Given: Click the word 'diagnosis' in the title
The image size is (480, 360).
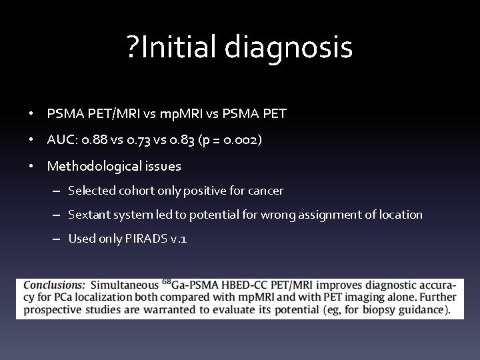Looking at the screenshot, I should tap(289, 48).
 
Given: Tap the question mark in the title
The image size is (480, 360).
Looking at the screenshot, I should tap(133, 48).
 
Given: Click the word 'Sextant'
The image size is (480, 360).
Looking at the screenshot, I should tap(89, 215).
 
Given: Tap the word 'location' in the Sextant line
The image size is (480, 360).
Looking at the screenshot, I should tap(399, 215).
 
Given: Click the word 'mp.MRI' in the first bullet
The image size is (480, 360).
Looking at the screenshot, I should tap(179, 114).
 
